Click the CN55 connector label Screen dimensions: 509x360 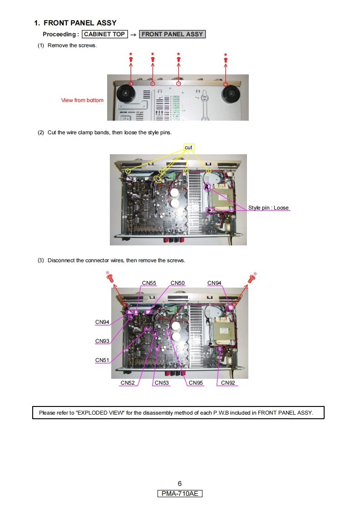point(149,283)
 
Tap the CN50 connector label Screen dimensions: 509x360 point(178,283)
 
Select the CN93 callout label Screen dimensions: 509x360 point(102,341)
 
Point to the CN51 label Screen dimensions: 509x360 point(102,360)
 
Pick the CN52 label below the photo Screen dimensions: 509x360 point(128,383)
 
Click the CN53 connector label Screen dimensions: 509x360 point(162,383)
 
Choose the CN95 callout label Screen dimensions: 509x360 point(196,383)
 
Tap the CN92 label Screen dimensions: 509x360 point(228,383)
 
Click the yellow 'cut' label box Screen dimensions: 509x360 point(188,147)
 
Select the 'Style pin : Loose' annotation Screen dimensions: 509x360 point(268,208)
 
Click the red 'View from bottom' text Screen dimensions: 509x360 point(82,100)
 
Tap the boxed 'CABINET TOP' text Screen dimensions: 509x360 point(104,34)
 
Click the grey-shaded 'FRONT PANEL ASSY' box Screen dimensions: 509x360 point(172,34)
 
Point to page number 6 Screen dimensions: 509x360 point(180,484)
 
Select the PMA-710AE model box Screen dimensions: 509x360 point(180,494)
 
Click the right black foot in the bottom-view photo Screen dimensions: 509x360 point(232,94)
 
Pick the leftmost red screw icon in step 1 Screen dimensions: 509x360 point(131,59)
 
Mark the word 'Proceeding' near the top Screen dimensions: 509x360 point(59,34)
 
